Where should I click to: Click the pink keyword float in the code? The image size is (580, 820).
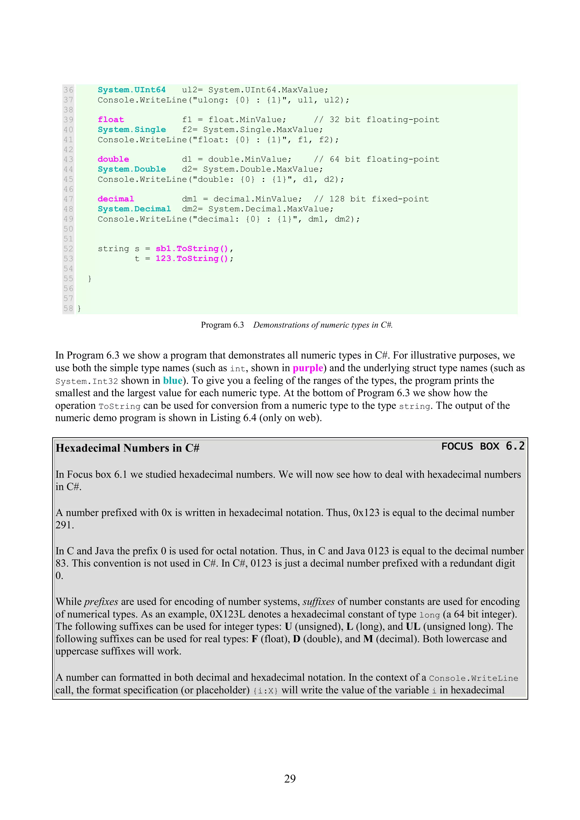(x=111, y=120)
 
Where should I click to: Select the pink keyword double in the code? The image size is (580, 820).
(x=113, y=159)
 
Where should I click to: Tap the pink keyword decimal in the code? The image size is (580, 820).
(x=116, y=199)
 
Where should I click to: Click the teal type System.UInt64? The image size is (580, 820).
(x=131, y=90)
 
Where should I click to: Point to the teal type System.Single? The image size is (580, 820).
(x=131, y=130)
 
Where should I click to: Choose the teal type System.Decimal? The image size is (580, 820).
(x=134, y=209)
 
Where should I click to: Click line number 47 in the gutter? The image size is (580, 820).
(x=68, y=199)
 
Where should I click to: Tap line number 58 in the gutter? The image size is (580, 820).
(x=68, y=308)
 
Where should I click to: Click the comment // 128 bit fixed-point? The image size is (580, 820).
(x=371, y=199)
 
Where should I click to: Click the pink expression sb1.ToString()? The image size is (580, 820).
(x=191, y=248)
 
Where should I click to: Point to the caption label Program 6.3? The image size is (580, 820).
(x=222, y=325)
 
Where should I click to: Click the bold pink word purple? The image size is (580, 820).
(x=308, y=368)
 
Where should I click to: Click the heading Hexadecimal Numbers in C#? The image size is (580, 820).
(x=127, y=448)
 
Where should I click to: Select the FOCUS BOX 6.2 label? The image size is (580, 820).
(x=483, y=447)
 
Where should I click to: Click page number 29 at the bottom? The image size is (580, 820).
(x=290, y=779)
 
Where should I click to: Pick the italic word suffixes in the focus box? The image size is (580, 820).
(x=318, y=602)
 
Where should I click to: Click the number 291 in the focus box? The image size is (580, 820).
(x=64, y=525)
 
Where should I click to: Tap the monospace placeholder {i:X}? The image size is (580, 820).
(x=266, y=691)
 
